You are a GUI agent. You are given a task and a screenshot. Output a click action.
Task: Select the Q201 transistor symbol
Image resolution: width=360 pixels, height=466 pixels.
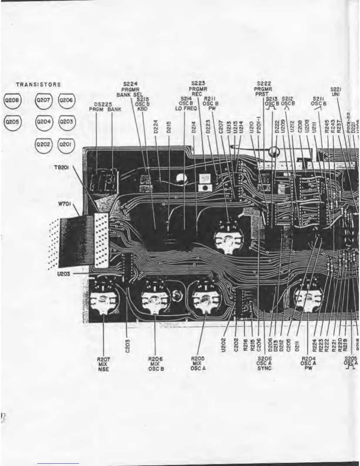66,145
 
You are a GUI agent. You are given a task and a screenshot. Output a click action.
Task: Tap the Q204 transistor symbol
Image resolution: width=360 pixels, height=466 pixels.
43,122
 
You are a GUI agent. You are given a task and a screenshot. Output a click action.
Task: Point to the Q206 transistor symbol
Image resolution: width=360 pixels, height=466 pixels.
66,100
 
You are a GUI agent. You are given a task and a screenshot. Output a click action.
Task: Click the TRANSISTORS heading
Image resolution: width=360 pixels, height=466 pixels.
39,85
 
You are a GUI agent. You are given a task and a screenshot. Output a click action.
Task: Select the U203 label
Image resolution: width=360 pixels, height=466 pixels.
63,274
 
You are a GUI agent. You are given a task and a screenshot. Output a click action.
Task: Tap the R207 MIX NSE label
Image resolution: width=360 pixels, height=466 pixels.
103,364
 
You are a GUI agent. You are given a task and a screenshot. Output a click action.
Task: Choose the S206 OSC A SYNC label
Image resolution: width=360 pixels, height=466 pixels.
264,363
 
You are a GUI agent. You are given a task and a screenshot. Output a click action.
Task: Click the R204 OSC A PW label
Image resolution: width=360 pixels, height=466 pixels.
308,363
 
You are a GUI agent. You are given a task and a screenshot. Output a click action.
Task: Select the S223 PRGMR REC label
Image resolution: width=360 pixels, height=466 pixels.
198,89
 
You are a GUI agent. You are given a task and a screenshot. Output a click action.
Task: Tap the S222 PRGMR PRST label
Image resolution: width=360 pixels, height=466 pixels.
264,89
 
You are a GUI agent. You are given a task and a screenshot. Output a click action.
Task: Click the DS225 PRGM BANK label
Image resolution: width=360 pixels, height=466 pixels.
105,107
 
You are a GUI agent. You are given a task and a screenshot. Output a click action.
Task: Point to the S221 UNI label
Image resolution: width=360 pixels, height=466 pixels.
336,91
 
